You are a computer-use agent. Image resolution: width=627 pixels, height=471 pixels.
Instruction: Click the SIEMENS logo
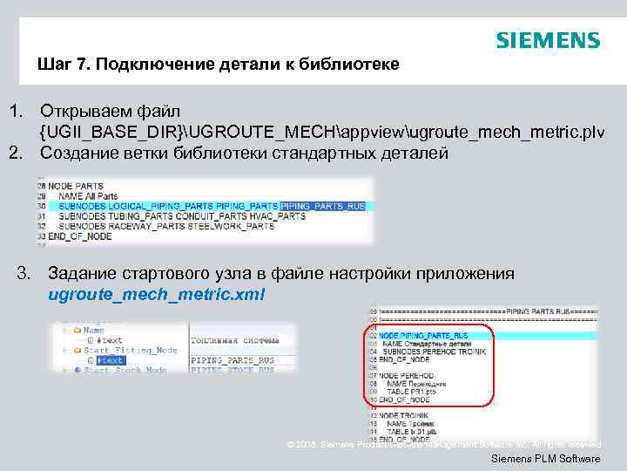coord(548,41)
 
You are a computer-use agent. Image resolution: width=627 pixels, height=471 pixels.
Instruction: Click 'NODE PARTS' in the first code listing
coord(76,186)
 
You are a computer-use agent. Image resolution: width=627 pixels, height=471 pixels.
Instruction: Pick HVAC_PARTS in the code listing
coord(247,216)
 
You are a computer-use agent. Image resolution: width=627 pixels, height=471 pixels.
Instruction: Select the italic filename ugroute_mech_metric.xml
coord(156,295)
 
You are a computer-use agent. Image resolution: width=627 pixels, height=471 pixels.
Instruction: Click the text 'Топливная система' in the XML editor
coord(237,340)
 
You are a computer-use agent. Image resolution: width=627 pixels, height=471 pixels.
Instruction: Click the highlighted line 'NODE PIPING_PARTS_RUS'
coord(426,335)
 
